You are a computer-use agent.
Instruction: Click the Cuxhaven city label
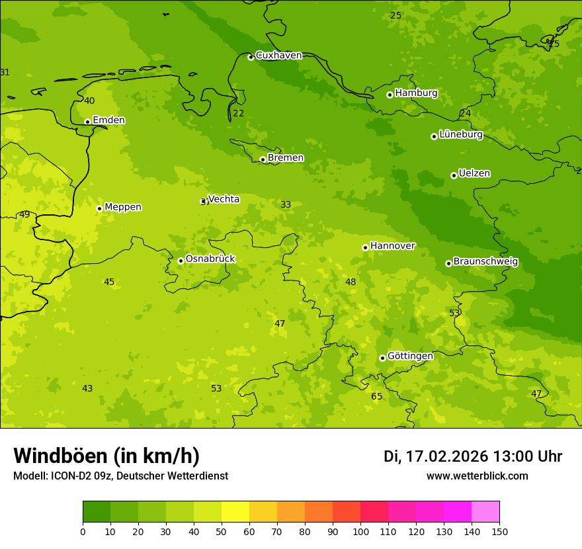coord(278,56)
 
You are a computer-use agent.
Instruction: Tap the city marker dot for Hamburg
coord(390,95)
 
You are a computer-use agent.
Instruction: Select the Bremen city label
coord(285,158)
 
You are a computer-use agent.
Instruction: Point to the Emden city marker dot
coord(87,122)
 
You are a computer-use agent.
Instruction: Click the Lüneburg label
coord(460,134)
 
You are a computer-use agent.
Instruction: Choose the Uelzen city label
coord(474,173)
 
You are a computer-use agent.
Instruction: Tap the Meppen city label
coord(122,207)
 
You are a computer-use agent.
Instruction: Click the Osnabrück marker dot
coord(181,261)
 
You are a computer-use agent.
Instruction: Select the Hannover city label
coord(392,246)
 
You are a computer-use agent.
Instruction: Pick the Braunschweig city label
coord(485,262)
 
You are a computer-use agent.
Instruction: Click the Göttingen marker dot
coord(382,358)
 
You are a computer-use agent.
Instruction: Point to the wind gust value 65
coord(376,396)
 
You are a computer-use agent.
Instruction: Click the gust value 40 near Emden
coord(89,101)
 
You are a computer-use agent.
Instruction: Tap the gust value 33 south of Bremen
coord(286,204)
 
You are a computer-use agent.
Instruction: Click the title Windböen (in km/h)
coord(106,456)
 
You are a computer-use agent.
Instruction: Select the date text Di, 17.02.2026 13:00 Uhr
coord(472,456)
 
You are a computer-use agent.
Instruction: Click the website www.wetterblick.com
coord(477,476)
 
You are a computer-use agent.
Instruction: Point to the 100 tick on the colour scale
coord(360,531)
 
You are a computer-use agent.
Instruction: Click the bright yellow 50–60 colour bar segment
coord(235,512)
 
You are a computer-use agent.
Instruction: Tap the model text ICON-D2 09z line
coord(120,476)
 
